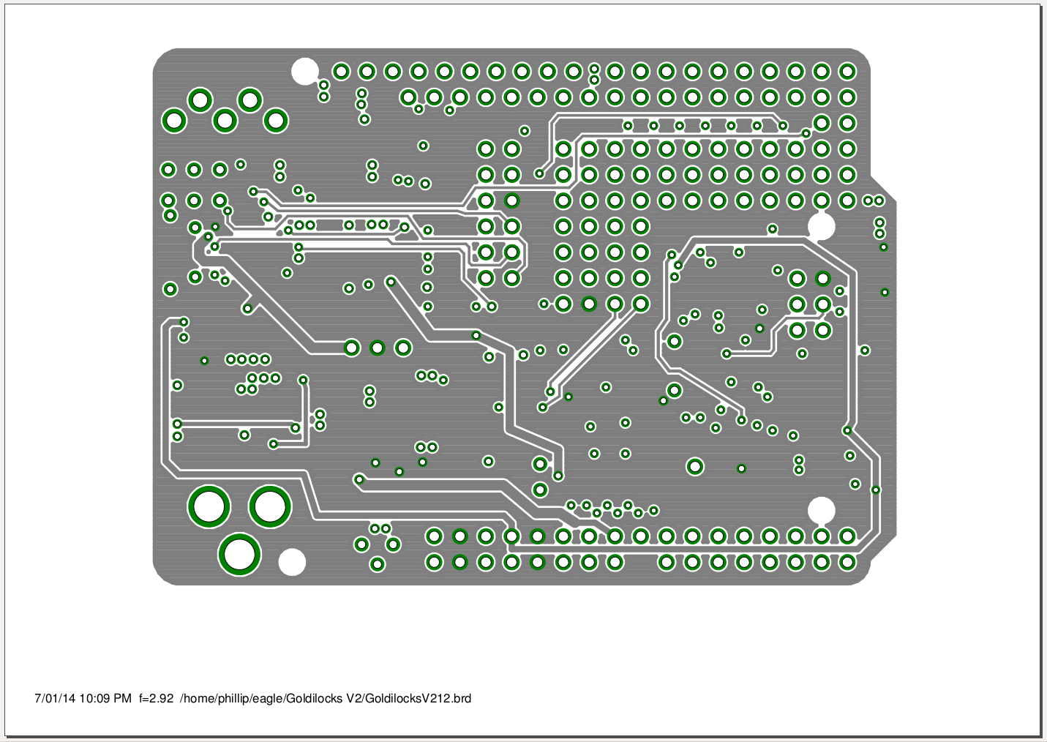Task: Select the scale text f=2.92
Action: (156, 698)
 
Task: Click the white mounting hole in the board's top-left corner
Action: (304, 72)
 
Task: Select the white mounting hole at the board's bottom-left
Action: (293, 562)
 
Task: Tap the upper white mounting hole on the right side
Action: (822, 226)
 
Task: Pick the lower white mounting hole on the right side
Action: (821, 510)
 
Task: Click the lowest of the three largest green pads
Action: (239, 553)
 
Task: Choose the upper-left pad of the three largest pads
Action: (209, 506)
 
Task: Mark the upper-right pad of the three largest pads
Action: (270, 506)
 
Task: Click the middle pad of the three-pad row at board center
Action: (378, 348)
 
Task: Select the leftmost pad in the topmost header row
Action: (341, 72)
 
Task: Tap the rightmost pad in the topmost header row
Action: (847, 72)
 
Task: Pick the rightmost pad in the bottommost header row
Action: (847, 563)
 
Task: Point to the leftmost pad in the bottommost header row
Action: (434, 563)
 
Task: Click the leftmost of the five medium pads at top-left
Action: (174, 121)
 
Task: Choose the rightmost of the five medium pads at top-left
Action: (276, 121)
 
